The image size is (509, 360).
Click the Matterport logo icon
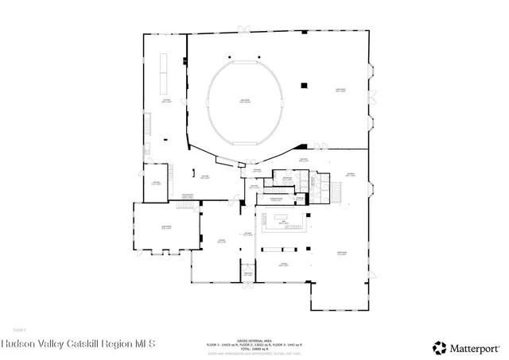coord(439,346)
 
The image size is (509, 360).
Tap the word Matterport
coord(476,346)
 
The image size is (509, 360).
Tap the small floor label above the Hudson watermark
coord(19,328)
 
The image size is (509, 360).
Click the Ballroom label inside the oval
coord(245,101)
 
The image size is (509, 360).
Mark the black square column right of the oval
coord(303,85)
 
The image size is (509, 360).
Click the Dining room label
coord(282,263)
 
